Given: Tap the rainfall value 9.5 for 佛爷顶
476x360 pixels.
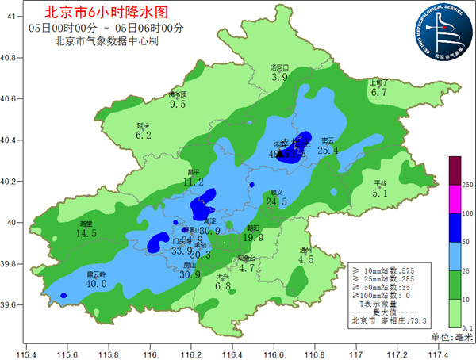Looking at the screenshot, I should (x=178, y=104).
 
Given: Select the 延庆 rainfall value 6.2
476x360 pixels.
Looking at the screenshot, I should (x=144, y=136).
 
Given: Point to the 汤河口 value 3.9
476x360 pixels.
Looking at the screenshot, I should (x=279, y=78).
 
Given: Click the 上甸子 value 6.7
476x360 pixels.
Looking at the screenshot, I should (x=378, y=92).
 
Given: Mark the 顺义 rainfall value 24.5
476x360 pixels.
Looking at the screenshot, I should (x=276, y=202).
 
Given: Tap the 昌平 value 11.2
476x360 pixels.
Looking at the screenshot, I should (x=194, y=182).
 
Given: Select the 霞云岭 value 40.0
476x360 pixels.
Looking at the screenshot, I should (x=96, y=284).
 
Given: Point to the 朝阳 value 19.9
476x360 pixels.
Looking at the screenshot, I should (x=253, y=237).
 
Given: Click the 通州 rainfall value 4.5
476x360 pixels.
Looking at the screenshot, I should (x=305, y=259).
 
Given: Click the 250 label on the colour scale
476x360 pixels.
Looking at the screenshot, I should (x=468, y=185).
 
